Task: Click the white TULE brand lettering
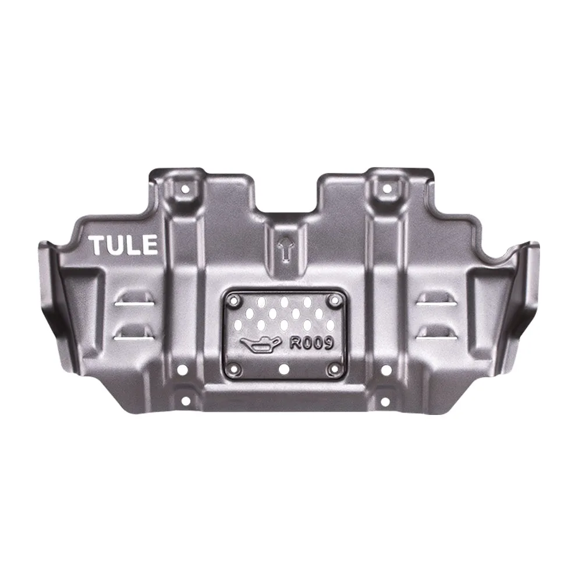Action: pos(123,245)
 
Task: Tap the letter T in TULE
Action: pos(97,245)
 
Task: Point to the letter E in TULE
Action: pos(150,245)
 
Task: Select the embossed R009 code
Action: pos(311,343)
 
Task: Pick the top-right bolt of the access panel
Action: pos(333,300)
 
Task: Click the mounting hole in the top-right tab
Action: pos(384,189)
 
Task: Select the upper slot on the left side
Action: pos(135,301)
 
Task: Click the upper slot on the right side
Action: pos(435,301)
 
